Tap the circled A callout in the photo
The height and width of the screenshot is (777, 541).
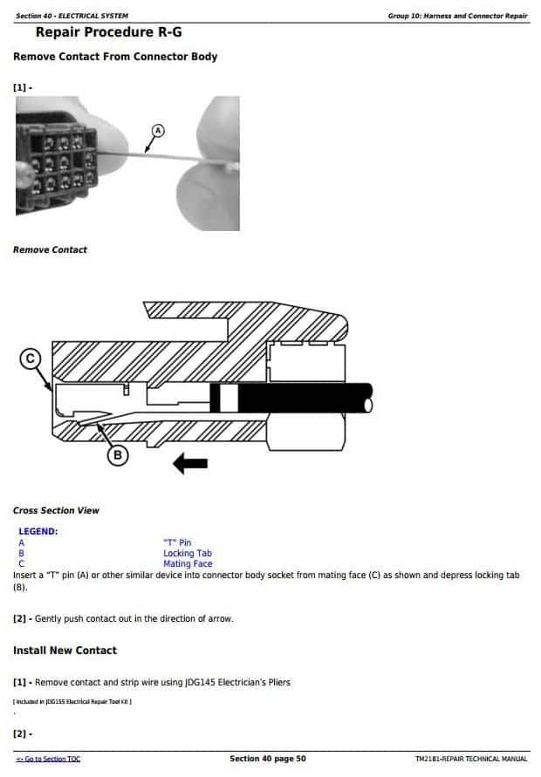tap(158, 130)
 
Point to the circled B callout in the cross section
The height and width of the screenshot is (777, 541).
tap(117, 453)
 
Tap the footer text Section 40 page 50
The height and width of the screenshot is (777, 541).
tap(267, 759)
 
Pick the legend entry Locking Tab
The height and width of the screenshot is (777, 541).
tap(187, 553)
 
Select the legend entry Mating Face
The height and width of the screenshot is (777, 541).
tap(187, 563)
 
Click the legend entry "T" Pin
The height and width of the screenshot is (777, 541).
tap(177, 542)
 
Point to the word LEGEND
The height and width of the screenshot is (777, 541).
tap(38, 531)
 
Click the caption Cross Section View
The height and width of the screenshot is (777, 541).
tap(56, 510)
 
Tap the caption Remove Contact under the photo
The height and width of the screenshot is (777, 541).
tap(50, 250)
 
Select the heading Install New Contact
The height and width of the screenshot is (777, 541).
tap(65, 651)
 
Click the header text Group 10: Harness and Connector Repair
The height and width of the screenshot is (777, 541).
tap(457, 16)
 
